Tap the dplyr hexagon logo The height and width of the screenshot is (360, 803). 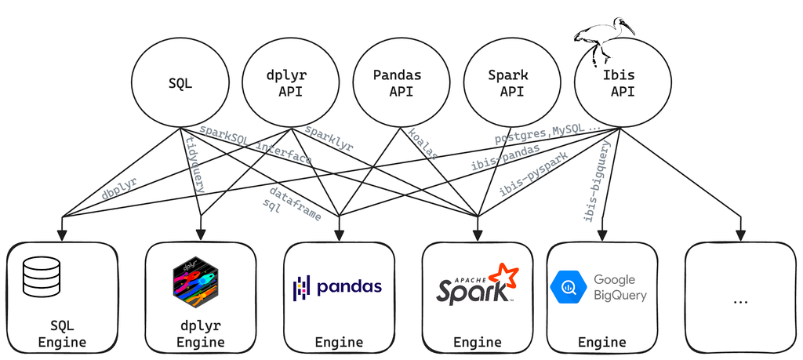point(195,282)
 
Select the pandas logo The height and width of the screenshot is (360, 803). point(337,287)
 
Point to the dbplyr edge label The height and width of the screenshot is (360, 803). point(119,188)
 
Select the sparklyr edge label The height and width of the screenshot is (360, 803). point(329,138)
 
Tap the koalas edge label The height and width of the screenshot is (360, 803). point(423,144)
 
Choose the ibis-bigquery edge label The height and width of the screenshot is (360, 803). point(598,181)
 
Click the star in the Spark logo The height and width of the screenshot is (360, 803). point(507,275)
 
